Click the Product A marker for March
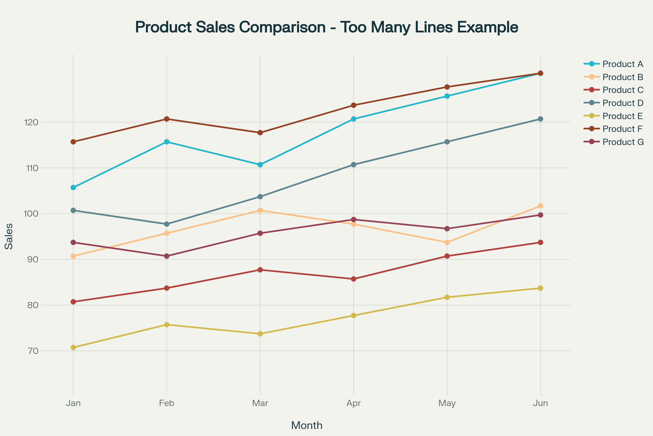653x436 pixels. pos(260,165)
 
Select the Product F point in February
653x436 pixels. pos(167,119)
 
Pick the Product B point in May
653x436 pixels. pos(447,243)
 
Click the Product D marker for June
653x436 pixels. pos(541,119)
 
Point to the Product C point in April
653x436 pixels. pos(354,279)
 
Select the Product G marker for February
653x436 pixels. pos(167,256)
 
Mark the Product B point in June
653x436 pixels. pos(541,206)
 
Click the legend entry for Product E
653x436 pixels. pos(623,116)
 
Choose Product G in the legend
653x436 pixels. pos(623,142)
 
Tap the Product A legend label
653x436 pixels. pos(623,64)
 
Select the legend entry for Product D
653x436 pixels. pos(623,103)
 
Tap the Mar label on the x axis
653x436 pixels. pos(260,403)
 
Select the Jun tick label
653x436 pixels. pos(541,403)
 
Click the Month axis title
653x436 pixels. pos(307,426)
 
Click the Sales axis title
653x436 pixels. pos(9,236)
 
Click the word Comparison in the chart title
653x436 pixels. pos(282,27)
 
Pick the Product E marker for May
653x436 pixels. pos(447,297)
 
